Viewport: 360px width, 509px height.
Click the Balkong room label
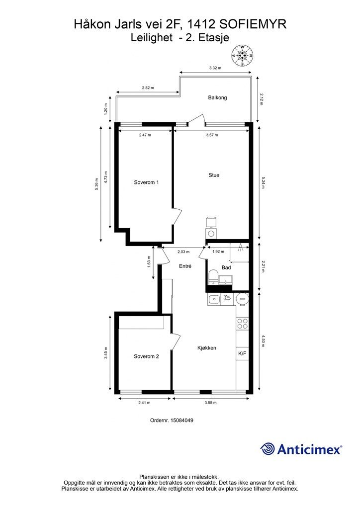point(217,97)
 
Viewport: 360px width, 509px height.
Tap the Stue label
point(214,175)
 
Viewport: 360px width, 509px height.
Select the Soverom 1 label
point(146,182)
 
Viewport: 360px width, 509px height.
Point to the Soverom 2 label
point(146,356)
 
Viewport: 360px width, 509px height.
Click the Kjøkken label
point(207,348)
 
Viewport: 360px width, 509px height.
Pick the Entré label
point(185,266)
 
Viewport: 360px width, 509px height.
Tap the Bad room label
point(226,267)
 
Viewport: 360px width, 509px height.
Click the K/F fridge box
point(242,354)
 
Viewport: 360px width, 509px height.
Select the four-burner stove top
point(242,324)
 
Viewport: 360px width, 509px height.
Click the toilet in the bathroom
point(213,276)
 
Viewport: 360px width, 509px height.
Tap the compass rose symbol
point(242,56)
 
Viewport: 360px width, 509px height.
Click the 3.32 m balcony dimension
point(215,68)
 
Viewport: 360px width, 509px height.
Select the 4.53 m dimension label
point(263,341)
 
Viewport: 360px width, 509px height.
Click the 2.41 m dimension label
point(144,403)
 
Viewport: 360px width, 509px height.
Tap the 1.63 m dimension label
point(149,262)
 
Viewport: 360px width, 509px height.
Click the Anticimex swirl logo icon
point(268,449)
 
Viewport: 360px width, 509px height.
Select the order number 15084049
point(182,420)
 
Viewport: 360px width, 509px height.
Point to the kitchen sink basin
point(214,299)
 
